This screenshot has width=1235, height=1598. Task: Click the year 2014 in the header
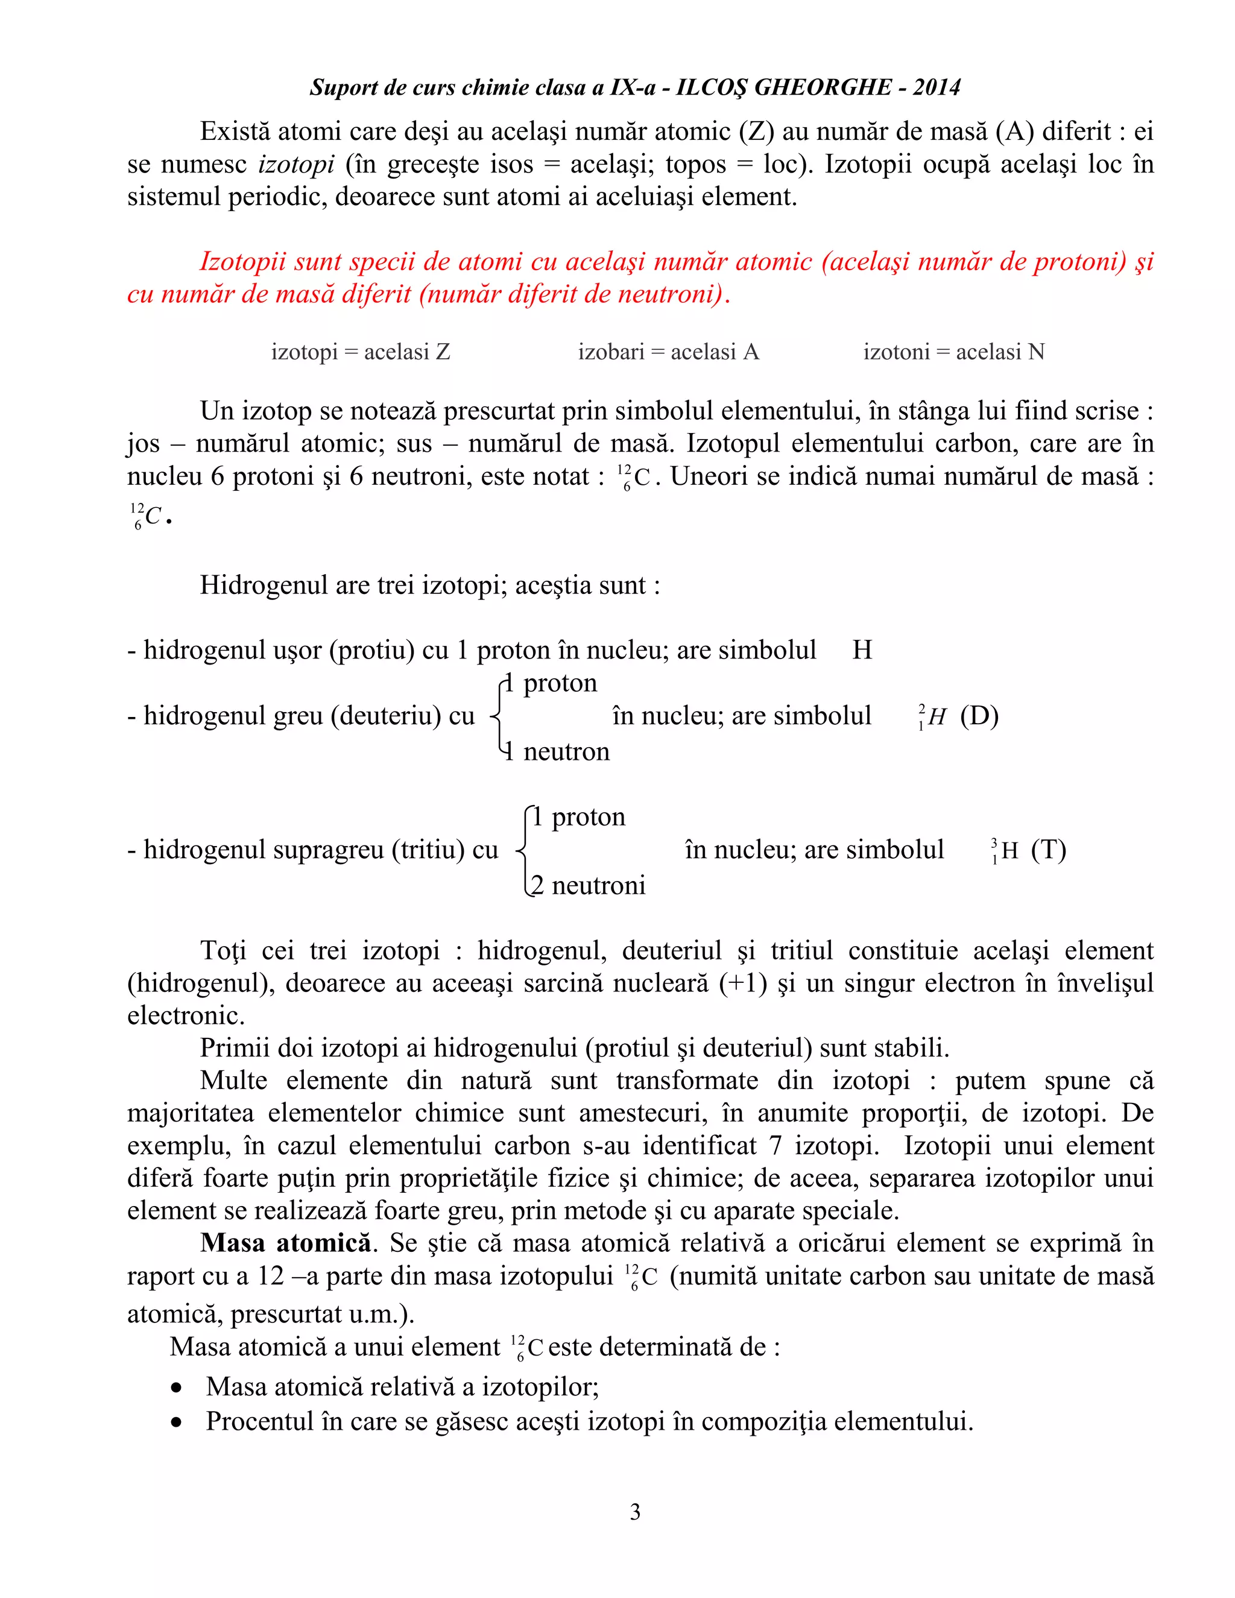pyautogui.click(x=937, y=88)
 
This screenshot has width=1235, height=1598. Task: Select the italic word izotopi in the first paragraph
pyautogui.click(x=296, y=164)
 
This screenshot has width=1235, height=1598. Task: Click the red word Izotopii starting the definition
pyautogui.click(x=247, y=261)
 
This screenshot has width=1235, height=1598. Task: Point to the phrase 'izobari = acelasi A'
pyautogui.click(x=668, y=352)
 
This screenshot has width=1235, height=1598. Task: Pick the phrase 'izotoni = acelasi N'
pyautogui.click(x=953, y=352)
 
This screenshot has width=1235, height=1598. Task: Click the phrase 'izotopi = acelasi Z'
pyautogui.click(x=361, y=352)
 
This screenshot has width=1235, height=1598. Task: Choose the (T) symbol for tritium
pyautogui.click(x=1047, y=850)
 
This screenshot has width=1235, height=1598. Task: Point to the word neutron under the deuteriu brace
pyautogui.click(x=566, y=751)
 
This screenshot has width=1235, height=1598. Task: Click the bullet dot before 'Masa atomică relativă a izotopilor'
pyautogui.click(x=176, y=1388)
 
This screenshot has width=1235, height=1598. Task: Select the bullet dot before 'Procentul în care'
pyautogui.click(x=176, y=1423)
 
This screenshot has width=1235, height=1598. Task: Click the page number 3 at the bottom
pyautogui.click(x=635, y=1512)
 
